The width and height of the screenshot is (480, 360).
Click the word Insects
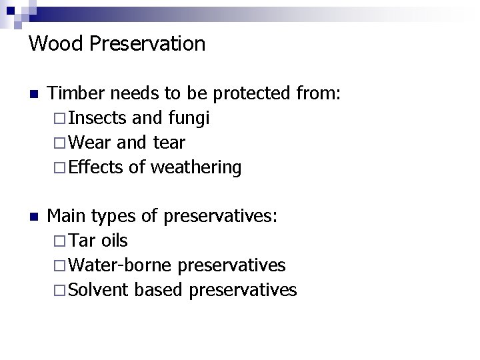97,118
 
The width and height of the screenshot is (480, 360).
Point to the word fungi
189,118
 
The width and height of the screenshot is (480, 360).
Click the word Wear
89,143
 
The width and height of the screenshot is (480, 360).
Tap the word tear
169,143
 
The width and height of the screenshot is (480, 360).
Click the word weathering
196,167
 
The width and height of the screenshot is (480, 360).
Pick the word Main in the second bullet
67,216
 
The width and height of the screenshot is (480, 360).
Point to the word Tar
82,241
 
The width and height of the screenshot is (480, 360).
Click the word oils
114,241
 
